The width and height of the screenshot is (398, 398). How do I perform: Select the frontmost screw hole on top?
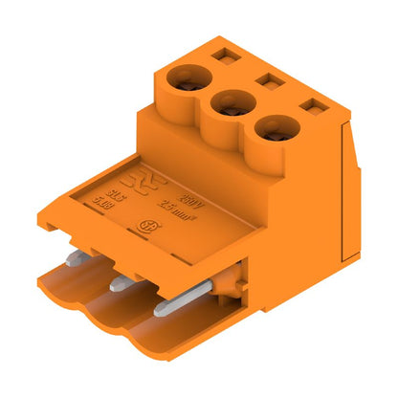275,127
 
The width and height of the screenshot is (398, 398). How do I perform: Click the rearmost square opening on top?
224,55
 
